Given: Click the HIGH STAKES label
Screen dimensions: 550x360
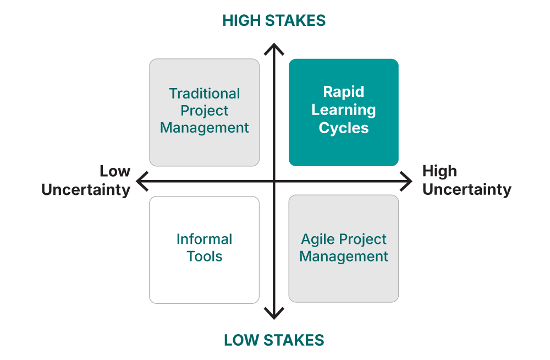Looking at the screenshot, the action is [274, 20].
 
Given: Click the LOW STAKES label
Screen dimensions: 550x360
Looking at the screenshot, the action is [274, 340].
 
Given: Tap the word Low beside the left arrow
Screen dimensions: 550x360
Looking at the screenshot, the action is [115, 171].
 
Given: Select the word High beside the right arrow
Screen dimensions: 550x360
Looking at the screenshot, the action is [439, 171].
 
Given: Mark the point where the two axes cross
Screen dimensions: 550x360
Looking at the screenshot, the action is [274, 181].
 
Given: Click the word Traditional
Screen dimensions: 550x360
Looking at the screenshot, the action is [205, 94].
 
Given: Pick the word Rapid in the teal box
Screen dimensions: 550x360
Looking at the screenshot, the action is [344, 92].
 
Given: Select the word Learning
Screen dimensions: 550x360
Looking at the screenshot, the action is [344, 110].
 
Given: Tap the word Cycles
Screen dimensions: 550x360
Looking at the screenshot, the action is [344, 128].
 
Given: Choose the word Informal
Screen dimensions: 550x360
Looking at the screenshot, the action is [205, 239].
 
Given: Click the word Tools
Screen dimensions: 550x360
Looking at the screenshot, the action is [205, 257].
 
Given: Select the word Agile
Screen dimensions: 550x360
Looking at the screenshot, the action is [317, 239].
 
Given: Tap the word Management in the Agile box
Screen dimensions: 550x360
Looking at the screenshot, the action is [344, 257].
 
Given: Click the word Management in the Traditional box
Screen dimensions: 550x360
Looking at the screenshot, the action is [205, 128].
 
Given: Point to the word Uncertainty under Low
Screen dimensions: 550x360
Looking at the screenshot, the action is [86, 190].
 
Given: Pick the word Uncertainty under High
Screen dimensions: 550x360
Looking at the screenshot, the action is [467, 190].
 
